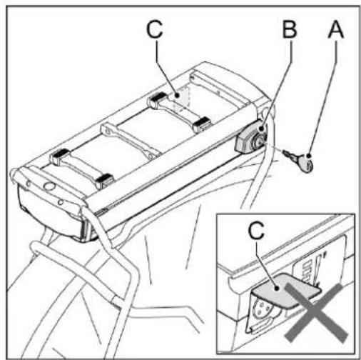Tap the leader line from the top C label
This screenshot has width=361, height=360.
(163, 68)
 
